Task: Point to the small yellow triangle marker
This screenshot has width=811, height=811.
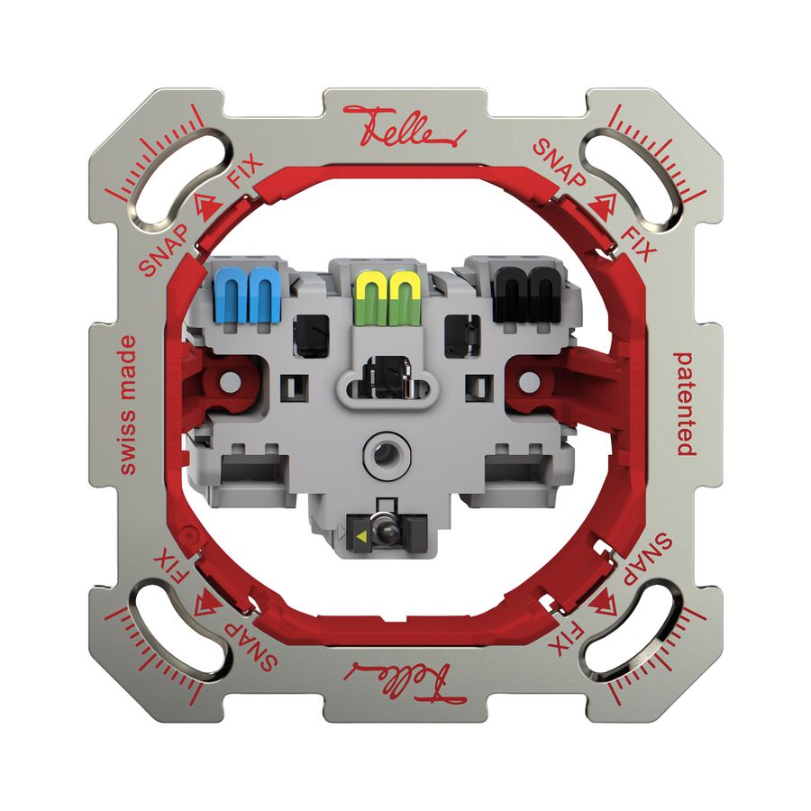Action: click(x=361, y=534)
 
